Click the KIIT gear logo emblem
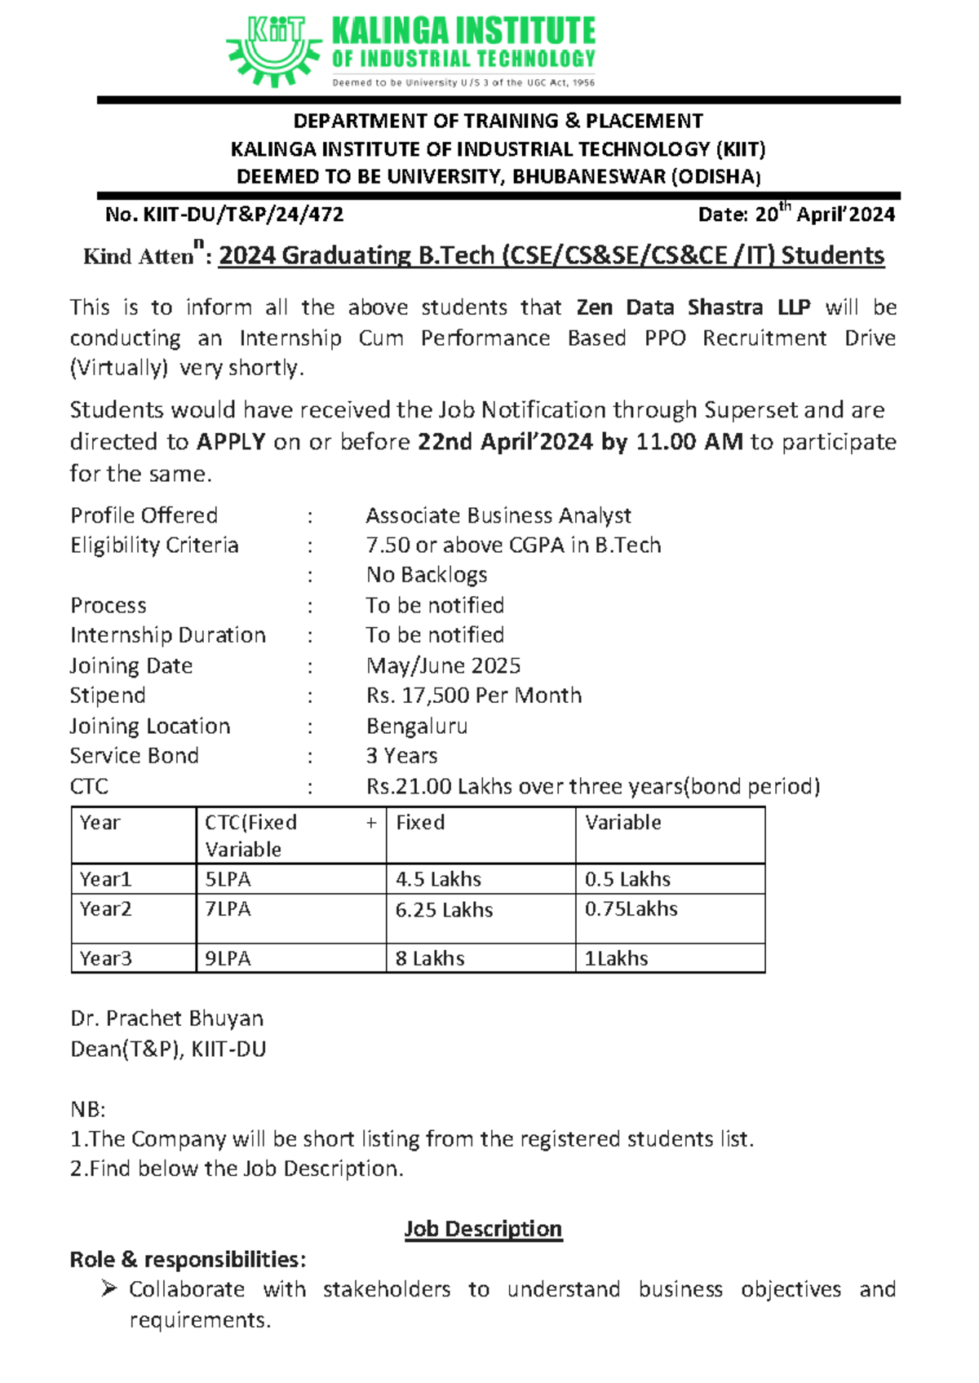point(273,51)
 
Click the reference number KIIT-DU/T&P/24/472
point(243,214)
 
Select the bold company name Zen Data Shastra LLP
point(693,307)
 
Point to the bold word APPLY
point(231,442)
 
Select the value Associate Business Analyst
point(498,515)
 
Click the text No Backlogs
point(427,575)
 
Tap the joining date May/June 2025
point(443,665)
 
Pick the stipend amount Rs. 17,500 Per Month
point(474,696)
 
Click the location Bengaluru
point(417,726)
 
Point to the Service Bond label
point(135,756)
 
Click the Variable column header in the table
point(623,822)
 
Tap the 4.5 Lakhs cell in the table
point(438,879)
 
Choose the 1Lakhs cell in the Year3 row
point(616,958)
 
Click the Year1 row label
point(106,879)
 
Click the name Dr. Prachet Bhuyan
point(167,1018)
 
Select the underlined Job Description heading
point(483,1229)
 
